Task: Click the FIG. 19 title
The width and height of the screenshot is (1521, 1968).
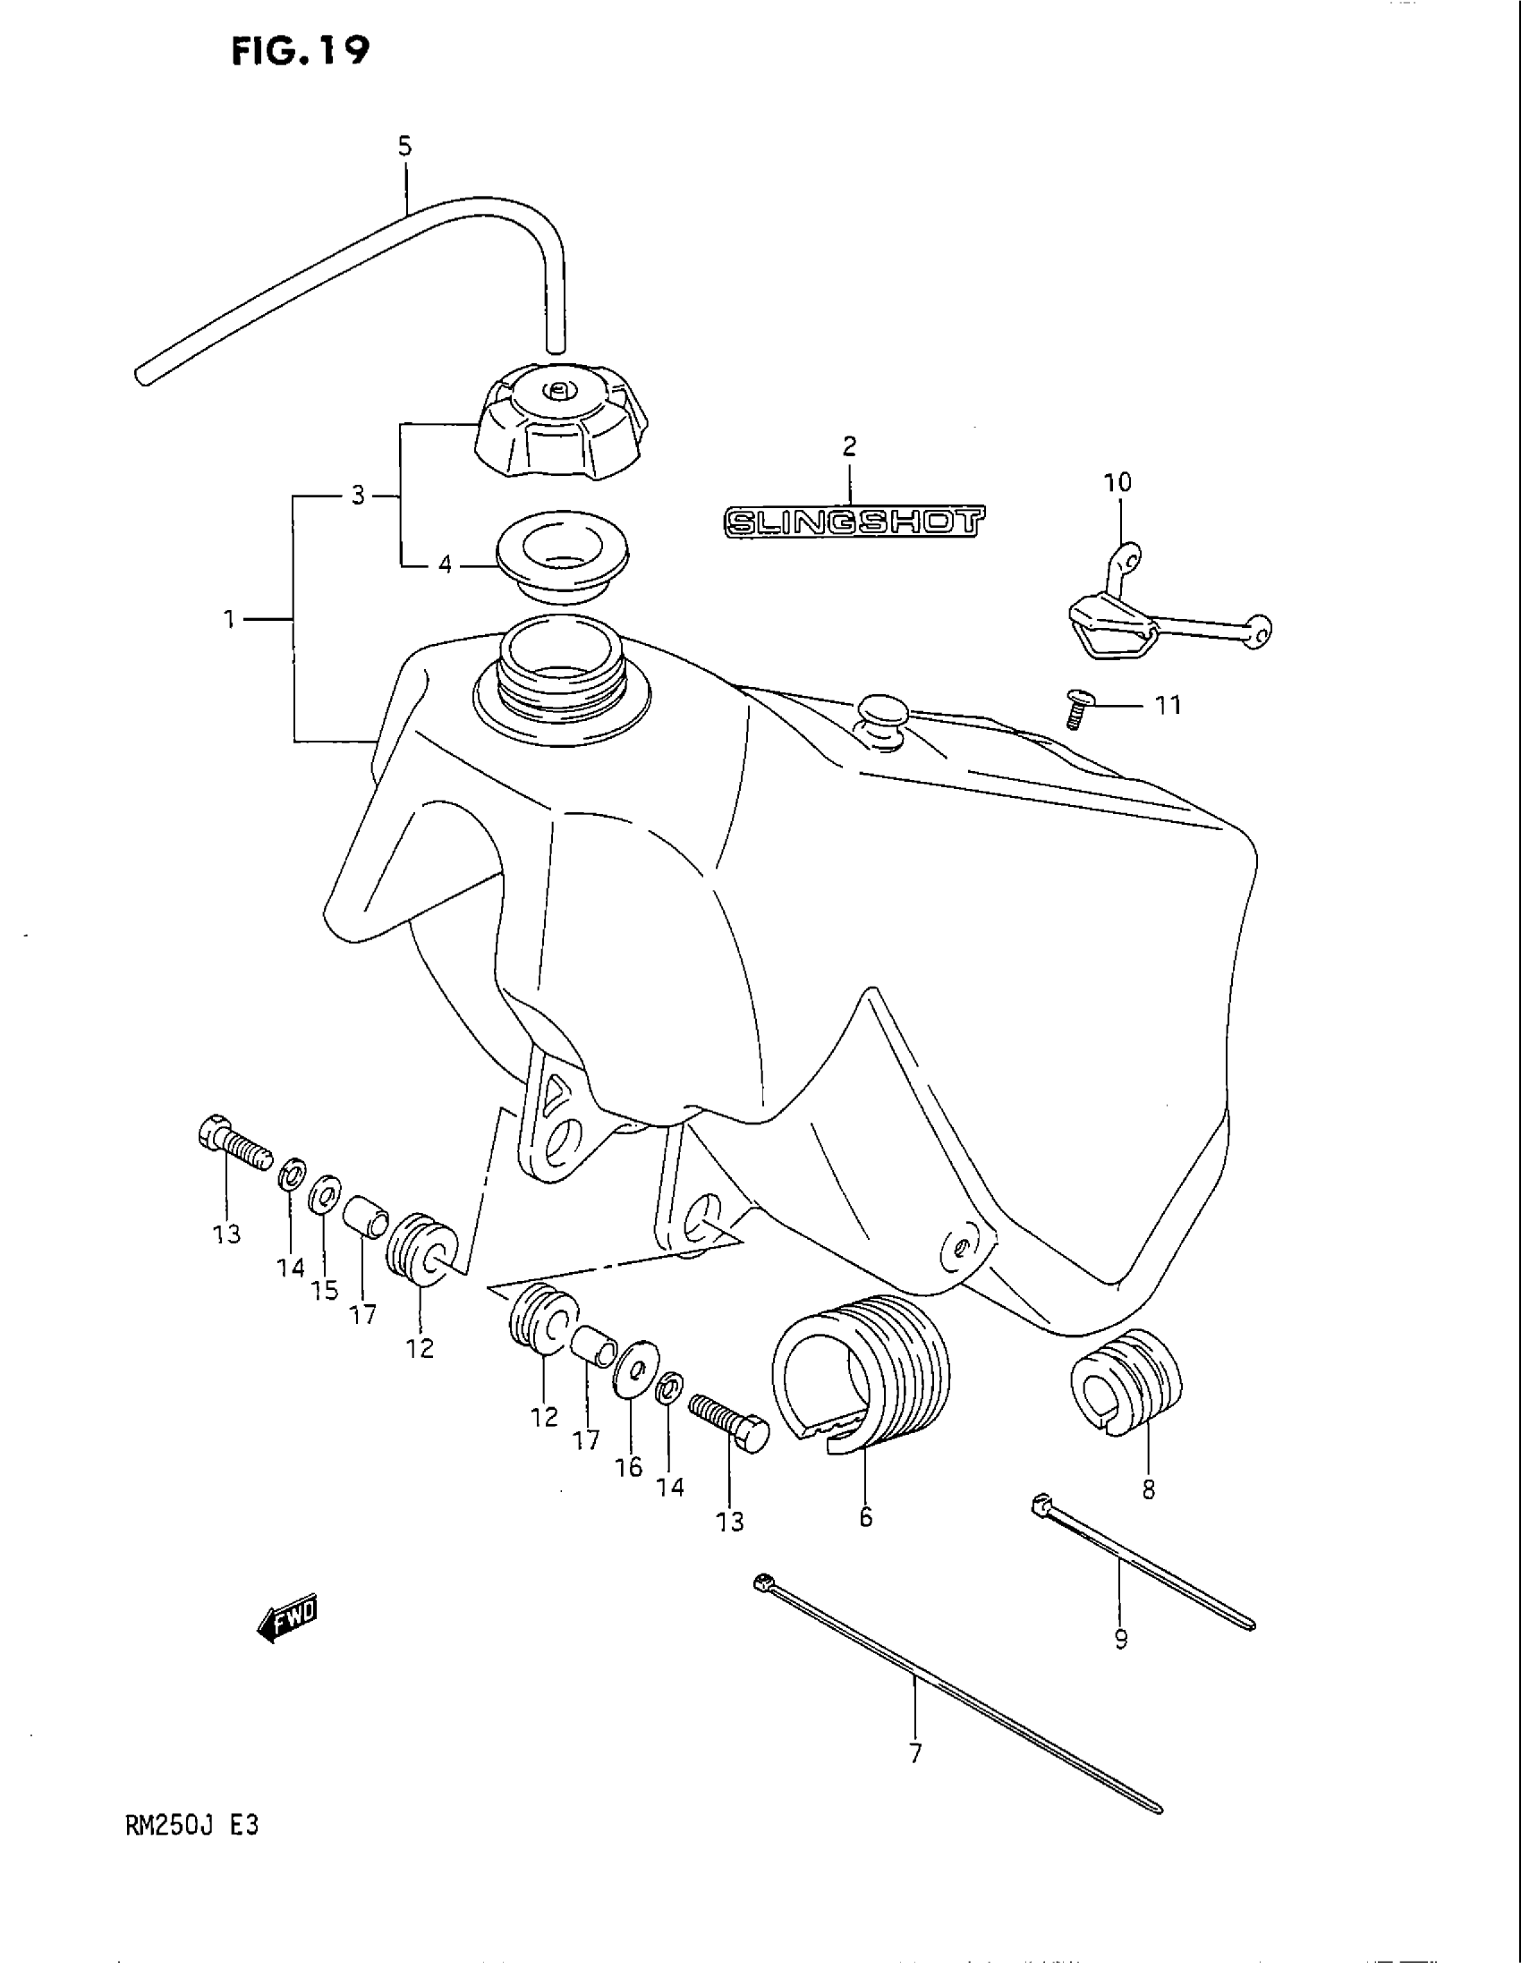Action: pyautogui.click(x=300, y=51)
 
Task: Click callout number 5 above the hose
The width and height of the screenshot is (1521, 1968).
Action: pyautogui.click(x=404, y=146)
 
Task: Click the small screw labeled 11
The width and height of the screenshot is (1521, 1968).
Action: pyautogui.click(x=1075, y=708)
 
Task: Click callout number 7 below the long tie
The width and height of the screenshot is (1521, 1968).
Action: pyautogui.click(x=915, y=1752)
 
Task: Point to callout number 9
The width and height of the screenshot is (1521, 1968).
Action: pyautogui.click(x=1121, y=1640)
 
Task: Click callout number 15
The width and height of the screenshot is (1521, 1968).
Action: pyautogui.click(x=326, y=1290)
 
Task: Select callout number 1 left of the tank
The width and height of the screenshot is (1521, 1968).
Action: pyautogui.click(x=230, y=619)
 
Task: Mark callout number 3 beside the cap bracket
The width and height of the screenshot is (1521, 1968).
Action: pyautogui.click(x=358, y=496)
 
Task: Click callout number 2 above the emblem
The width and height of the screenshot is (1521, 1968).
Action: pyautogui.click(x=849, y=447)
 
